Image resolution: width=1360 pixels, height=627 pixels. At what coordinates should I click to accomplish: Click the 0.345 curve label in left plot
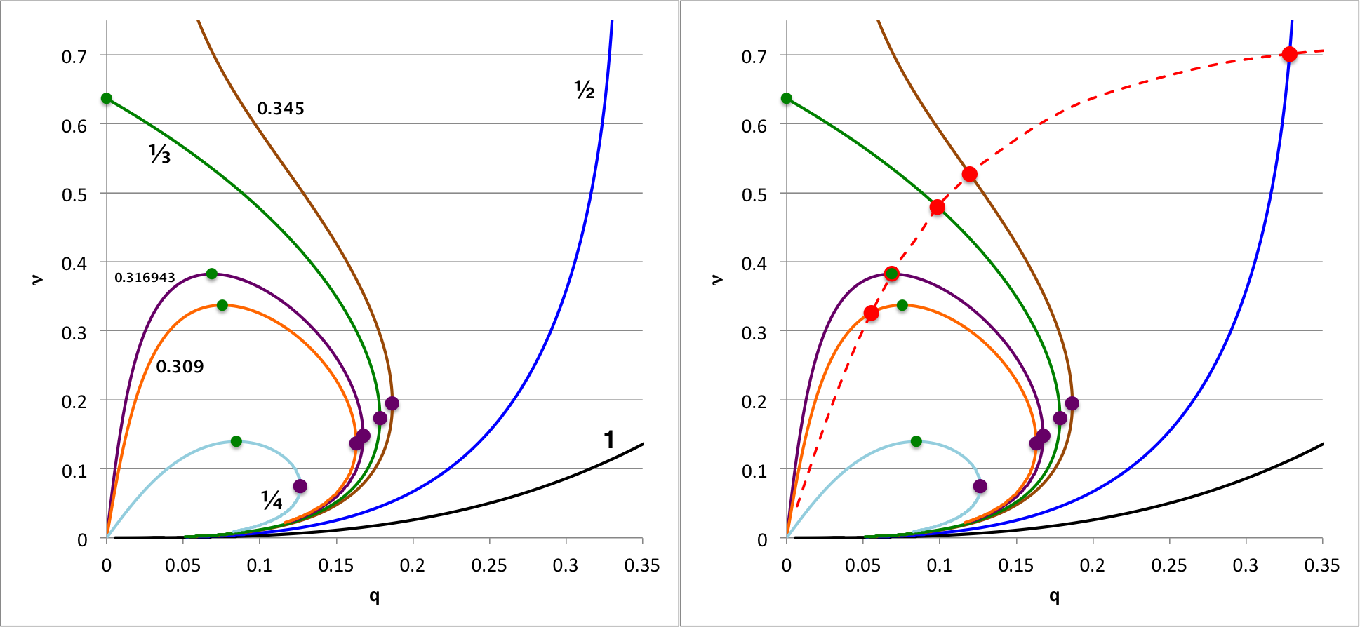pos(281,109)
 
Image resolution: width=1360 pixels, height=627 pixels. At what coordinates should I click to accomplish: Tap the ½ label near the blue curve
pos(584,90)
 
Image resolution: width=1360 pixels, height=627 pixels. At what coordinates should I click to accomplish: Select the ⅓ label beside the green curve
pos(160,154)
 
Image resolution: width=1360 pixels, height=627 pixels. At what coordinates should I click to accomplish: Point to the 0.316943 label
pos(145,278)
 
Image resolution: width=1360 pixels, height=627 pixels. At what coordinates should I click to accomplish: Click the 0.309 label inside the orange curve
pos(180,367)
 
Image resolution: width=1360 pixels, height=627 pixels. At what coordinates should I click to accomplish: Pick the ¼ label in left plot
pos(272,500)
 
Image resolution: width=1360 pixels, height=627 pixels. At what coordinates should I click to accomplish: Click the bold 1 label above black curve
pos(609,440)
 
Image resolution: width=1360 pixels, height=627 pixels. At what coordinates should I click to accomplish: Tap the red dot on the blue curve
pos(1289,54)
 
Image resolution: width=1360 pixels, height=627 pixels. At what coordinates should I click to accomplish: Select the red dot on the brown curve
pos(970,174)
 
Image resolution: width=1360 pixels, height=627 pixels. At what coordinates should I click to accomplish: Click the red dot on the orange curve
pos(871,313)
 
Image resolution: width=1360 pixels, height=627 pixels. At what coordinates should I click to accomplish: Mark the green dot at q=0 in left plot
pos(107,98)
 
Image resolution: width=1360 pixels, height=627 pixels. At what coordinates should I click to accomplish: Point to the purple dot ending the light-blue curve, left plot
pos(300,486)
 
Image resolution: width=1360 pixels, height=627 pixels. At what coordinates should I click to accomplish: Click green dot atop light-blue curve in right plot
pos(916,441)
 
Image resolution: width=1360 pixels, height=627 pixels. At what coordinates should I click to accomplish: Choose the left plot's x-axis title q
pos(374,596)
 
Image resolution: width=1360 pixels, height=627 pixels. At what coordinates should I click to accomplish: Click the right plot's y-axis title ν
pos(716,280)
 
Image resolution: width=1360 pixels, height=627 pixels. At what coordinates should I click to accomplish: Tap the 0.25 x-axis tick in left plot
pos(489,565)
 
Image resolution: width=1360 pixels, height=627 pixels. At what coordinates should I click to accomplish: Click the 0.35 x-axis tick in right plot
pos(1322,565)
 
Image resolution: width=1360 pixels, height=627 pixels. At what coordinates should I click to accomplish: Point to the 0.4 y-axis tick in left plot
pos(74,264)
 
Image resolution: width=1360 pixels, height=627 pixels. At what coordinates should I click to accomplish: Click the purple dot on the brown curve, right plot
pos(1072,403)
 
